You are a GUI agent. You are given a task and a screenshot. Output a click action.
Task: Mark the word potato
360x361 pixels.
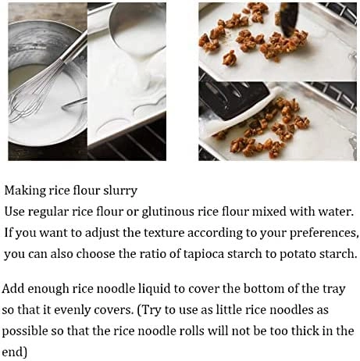287,254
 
